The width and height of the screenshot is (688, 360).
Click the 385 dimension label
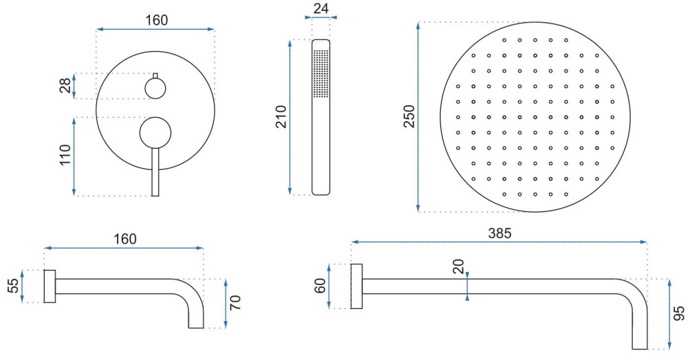[x=499, y=233]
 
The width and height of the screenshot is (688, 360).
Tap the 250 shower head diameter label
[x=409, y=116]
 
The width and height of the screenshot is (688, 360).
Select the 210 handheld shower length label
[x=281, y=117]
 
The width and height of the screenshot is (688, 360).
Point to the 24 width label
[x=321, y=8]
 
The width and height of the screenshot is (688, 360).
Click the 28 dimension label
[x=65, y=85]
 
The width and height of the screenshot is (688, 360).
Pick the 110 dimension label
[x=65, y=155]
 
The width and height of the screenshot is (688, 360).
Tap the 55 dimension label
[x=14, y=286]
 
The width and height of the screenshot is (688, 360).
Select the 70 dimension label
[x=235, y=303]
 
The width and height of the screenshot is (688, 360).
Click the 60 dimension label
[x=321, y=286]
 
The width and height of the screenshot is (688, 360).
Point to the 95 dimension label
[x=679, y=313]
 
